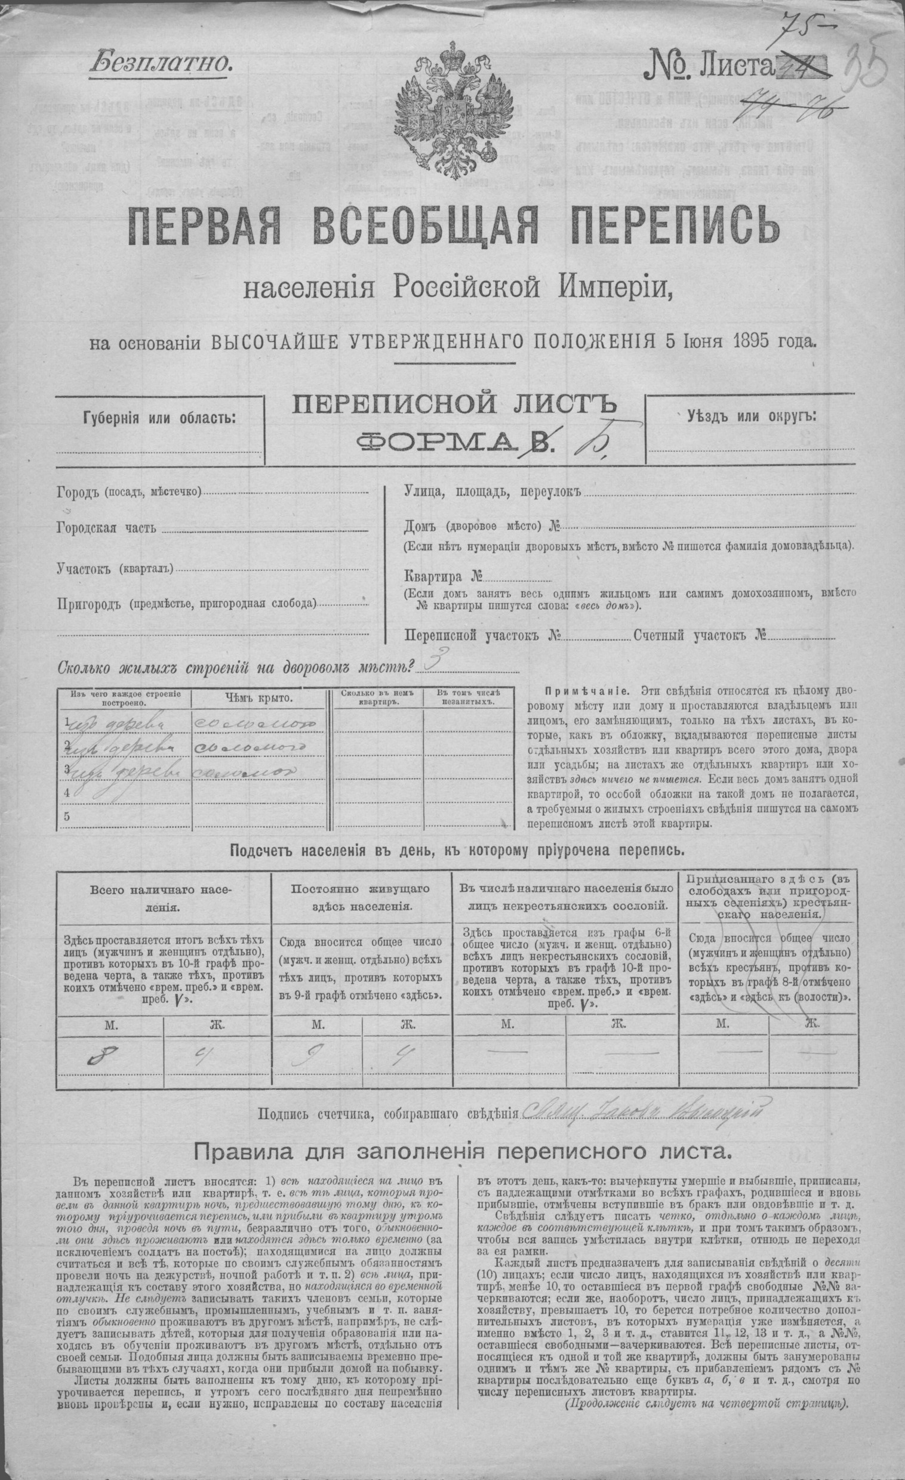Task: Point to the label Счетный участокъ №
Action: click(x=699, y=635)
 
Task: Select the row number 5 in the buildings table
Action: click(x=67, y=815)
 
